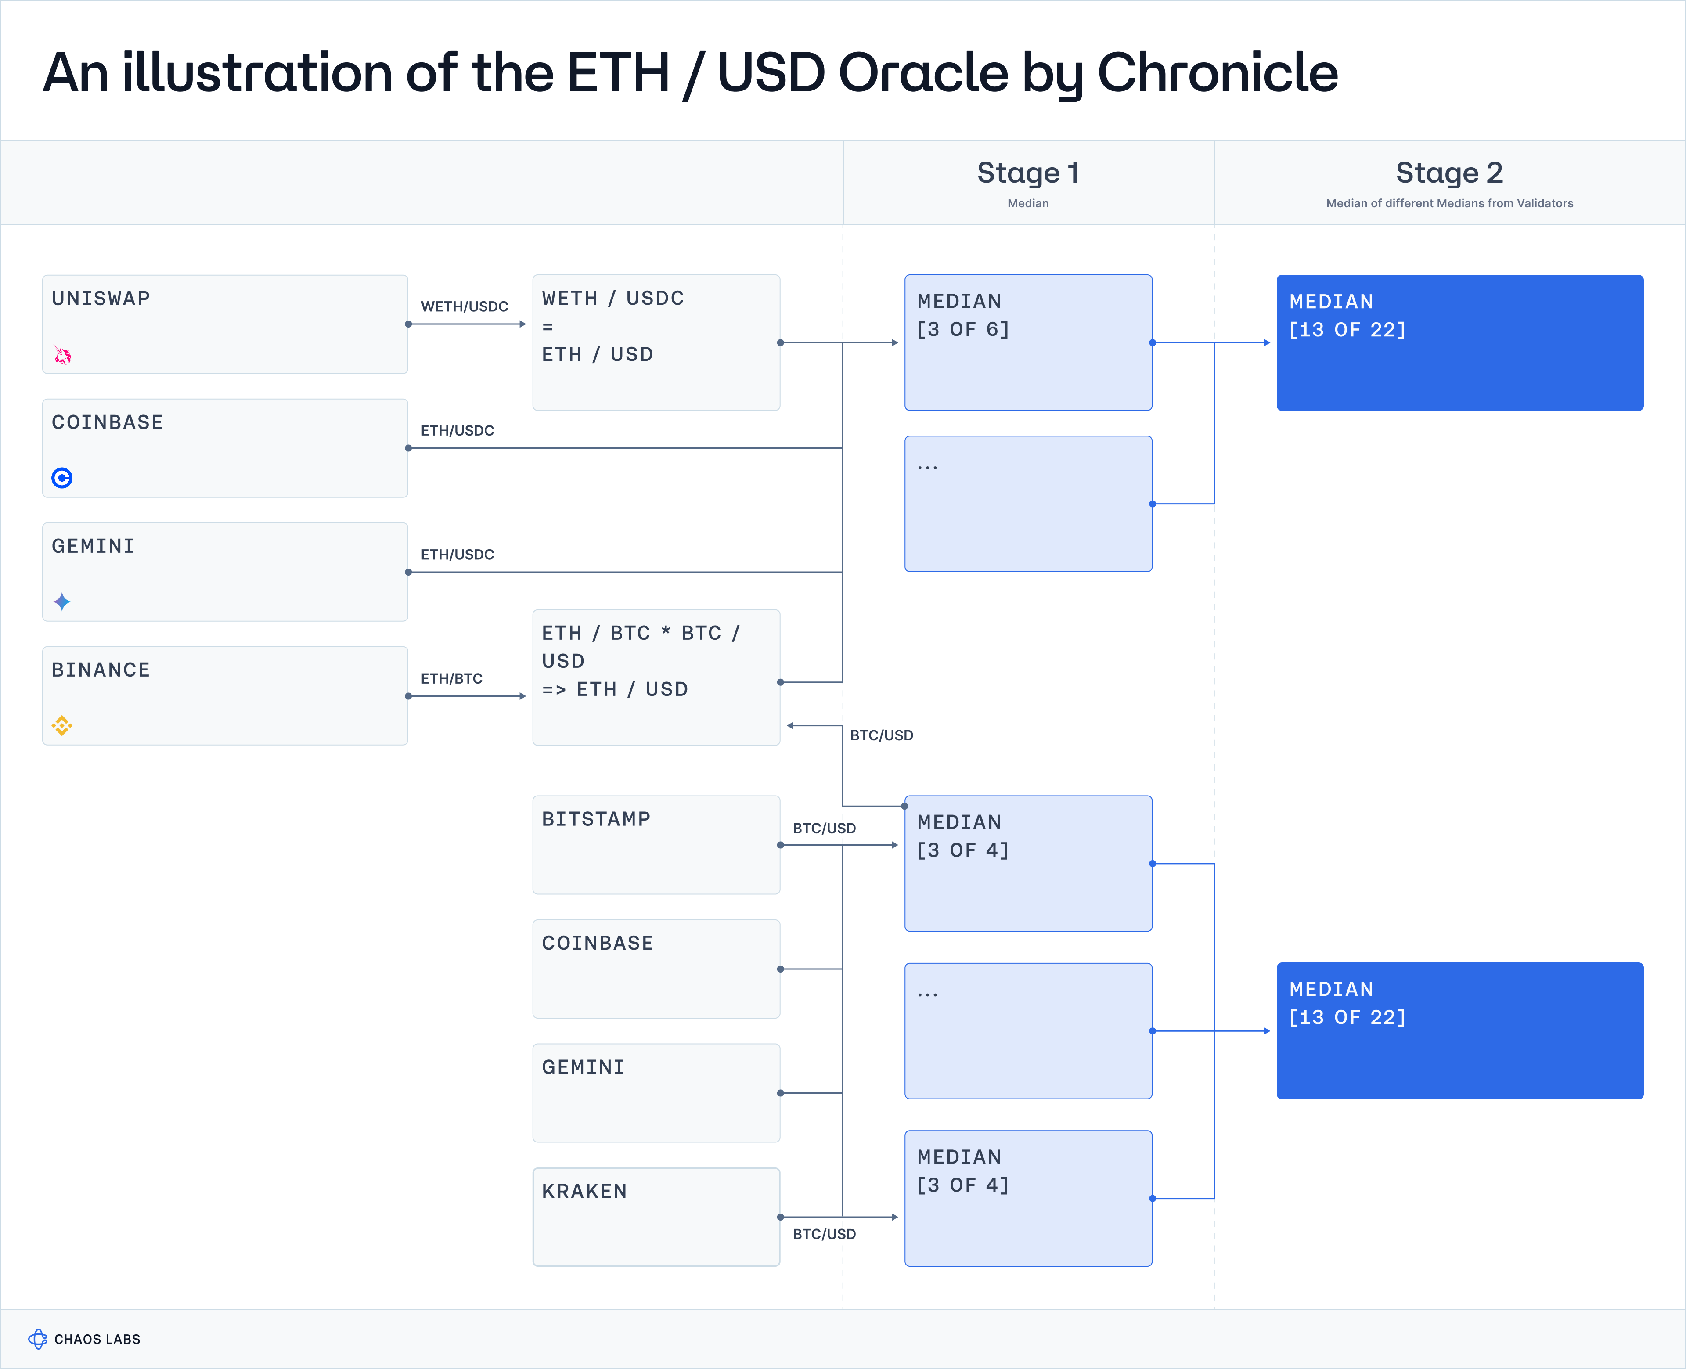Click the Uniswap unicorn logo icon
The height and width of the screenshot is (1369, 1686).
(x=62, y=356)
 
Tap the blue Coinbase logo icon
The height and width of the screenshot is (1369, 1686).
(x=62, y=478)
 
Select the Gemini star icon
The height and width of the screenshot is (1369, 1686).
(x=62, y=602)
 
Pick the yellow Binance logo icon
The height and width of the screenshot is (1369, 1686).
(x=62, y=725)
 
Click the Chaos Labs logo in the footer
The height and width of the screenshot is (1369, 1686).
(x=38, y=1339)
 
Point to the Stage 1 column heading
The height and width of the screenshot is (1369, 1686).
(x=1027, y=173)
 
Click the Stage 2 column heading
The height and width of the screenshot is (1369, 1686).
(x=1449, y=173)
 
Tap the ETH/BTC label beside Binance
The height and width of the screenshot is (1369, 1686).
(x=451, y=679)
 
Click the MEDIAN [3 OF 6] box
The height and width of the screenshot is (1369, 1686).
(x=1028, y=342)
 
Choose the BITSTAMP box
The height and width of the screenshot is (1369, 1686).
(x=656, y=845)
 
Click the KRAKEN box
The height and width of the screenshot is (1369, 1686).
(x=656, y=1217)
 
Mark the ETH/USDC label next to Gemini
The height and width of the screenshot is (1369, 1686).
(x=458, y=555)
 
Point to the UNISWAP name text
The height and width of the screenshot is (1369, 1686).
(x=101, y=298)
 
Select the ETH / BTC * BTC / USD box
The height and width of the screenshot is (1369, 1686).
(x=656, y=677)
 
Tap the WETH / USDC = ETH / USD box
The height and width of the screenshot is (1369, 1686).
(x=656, y=342)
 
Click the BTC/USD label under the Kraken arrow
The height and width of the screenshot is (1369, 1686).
(x=824, y=1234)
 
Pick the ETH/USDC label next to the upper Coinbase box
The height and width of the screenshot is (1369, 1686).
(x=458, y=431)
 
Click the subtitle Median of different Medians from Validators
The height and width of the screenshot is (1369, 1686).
(x=1449, y=203)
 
